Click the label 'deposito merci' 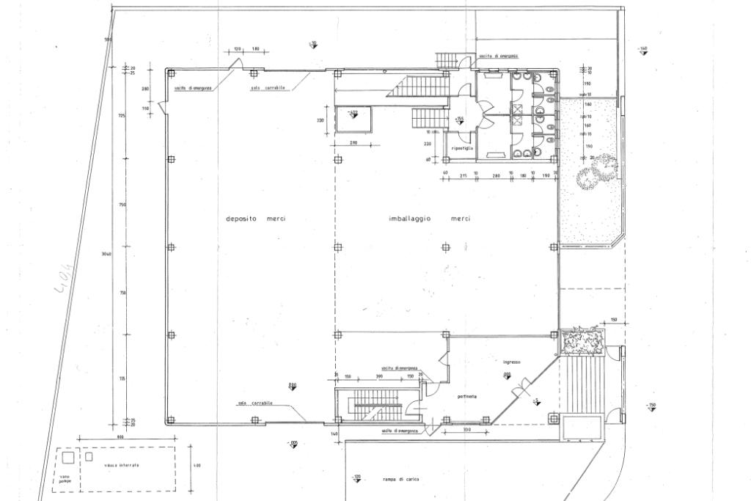[x=255, y=219]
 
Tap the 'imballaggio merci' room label [x=429, y=219]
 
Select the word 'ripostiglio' [x=462, y=148]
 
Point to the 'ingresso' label [x=511, y=362]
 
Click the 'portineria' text [x=466, y=397]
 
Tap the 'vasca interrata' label [x=121, y=466]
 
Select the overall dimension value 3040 [x=107, y=254]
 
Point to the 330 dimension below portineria [x=466, y=429]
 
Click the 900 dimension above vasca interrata [x=122, y=438]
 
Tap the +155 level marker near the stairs [x=458, y=119]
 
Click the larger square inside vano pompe [x=67, y=458]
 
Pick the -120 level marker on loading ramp [x=356, y=478]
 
